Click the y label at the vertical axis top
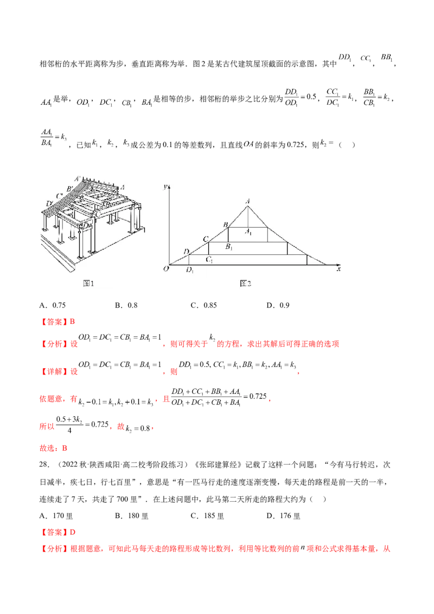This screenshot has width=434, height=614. (x=164, y=187)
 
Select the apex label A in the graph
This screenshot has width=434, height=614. (x=248, y=201)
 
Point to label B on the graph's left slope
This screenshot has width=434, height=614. (x=225, y=224)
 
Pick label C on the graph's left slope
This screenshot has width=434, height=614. (x=205, y=239)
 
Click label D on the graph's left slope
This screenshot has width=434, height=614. (x=186, y=252)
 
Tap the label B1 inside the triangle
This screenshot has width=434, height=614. (x=229, y=247)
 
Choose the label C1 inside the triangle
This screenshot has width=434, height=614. (x=209, y=260)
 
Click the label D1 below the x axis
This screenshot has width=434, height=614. (x=190, y=270)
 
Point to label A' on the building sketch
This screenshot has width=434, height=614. (x=79, y=177)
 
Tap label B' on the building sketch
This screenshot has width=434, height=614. (x=69, y=188)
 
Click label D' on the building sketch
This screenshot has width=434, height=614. (x=50, y=204)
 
